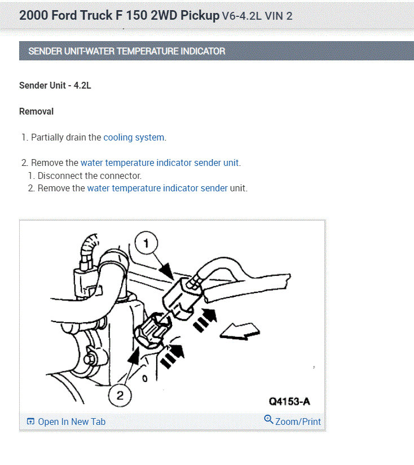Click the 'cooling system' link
[134, 138]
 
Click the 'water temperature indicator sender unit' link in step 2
[160, 163]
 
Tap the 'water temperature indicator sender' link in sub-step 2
[157, 188]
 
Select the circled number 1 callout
[146, 243]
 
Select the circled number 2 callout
[120, 396]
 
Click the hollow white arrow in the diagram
[240, 331]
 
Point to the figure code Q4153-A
[289, 402]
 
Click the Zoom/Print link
[298, 422]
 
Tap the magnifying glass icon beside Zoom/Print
[268, 419]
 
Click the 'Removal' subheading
[37, 112]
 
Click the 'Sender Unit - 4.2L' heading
[55, 85]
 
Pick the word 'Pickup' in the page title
[200, 15]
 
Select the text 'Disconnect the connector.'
[90, 176]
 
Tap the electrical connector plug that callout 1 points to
[182, 299]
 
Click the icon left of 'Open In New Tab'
[30, 422]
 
